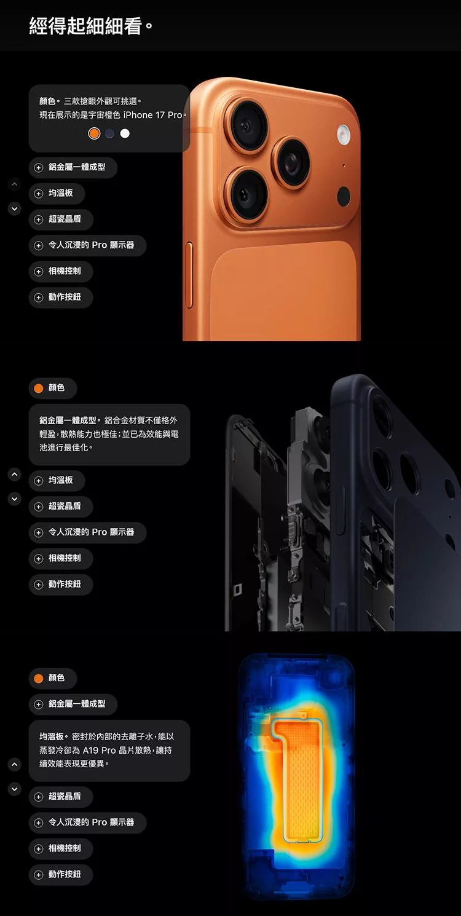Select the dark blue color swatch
[109, 134]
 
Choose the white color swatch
[125, 134]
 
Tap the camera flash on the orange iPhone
[344, 134]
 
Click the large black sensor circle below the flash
[344, 196]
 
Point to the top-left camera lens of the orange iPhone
[246, 125]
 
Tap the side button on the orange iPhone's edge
[189, 274]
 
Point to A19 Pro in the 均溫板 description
[100, 750]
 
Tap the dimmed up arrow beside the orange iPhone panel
[14, 184]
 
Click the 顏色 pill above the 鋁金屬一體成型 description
[53, 388]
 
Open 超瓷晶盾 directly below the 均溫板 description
[61, 796]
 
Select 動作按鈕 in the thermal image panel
[61, 874]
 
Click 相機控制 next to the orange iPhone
[61, 271]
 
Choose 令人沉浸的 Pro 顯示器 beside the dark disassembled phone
[87, 532]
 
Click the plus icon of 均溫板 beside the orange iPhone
[38, 194]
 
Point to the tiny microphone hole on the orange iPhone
[344, 165]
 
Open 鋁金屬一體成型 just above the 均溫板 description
[73, 704]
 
